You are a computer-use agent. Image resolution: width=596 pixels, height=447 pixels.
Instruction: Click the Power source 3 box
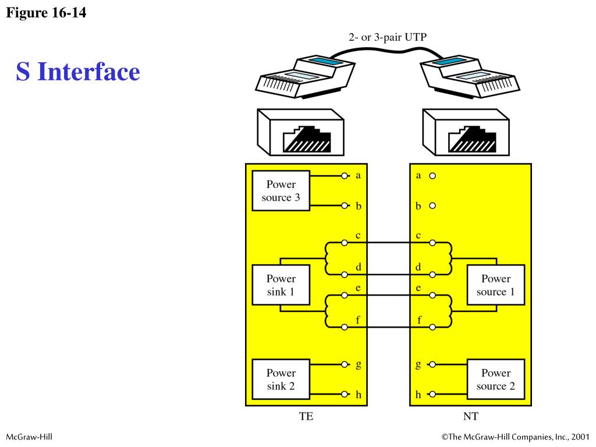coord(281,191)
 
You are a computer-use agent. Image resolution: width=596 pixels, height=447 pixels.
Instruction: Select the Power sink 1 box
coord(281,285)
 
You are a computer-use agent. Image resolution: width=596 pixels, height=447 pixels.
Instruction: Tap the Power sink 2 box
coord(281,379)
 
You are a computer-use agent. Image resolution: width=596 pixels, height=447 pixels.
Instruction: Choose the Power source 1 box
coord(495,285)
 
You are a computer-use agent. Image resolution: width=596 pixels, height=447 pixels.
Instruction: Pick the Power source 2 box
coord(495,379)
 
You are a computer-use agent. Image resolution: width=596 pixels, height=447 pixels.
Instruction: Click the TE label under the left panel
coord(306,416)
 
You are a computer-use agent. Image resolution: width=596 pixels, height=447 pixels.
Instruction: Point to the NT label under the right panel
coord(470,416)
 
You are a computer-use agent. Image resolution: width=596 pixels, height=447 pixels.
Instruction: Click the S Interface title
coord(78,72)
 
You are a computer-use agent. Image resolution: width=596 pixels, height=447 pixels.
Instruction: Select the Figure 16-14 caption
coord(46,12)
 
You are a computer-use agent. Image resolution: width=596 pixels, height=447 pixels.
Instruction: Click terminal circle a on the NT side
coord(432,176)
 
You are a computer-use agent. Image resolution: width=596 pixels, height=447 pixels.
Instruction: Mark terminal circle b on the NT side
coord(432,205)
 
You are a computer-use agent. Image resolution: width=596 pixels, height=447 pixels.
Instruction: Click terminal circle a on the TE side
coord(345,176)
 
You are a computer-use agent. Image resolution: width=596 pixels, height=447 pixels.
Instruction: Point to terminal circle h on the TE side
coord(345,395)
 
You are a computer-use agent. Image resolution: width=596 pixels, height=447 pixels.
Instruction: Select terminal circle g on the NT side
coord(432,365)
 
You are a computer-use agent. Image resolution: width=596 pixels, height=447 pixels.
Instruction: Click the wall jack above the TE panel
coord(300,133)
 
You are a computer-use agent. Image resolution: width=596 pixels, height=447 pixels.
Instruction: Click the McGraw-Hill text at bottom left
coord(29,437)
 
